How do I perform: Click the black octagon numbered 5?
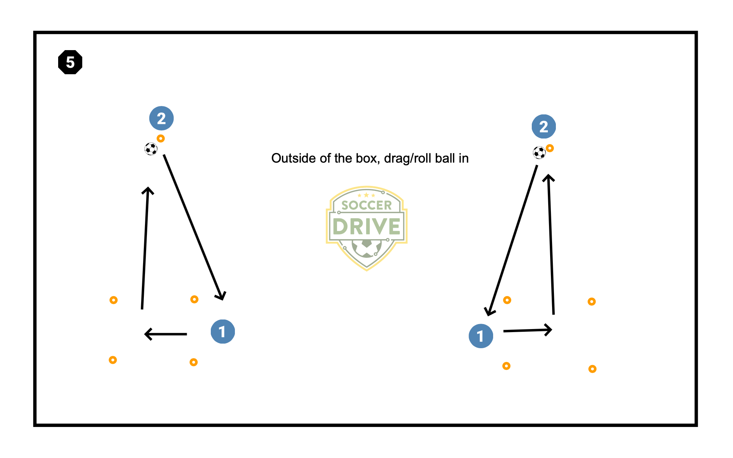(70, 62)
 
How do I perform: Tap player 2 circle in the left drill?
(161, 118)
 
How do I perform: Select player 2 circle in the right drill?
(544, 127)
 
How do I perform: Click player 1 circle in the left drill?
(223, 331)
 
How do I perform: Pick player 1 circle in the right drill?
(481, 336)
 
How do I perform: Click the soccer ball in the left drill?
(151, 149)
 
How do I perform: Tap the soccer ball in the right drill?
(539, 153)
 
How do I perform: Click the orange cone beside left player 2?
(161, 139)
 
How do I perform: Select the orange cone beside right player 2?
(550, 148)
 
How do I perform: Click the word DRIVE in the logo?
(366, 227)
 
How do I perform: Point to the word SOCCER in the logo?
(366, 205)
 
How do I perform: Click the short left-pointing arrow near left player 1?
(166, 334)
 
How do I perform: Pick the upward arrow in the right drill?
(551, 245)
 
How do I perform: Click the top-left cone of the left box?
(113, 300)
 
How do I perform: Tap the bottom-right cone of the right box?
(592, 369)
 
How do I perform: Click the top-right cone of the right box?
(591, 302)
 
